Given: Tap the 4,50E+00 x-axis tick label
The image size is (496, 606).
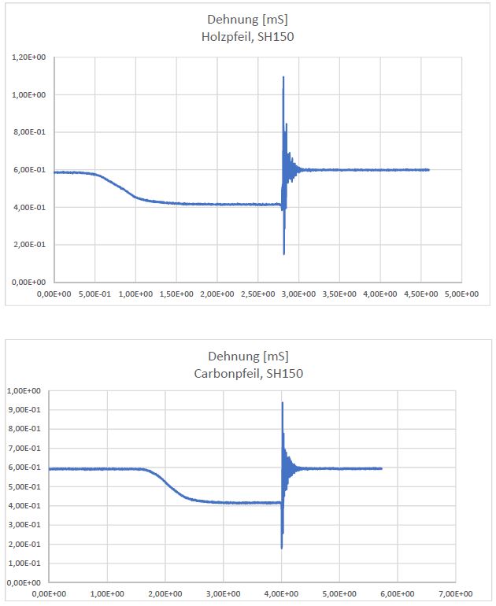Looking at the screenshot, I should click(420, 294).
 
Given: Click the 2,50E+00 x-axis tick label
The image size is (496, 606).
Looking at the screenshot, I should click(257, 294).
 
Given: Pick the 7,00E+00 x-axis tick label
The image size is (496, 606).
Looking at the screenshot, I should click(455, 593).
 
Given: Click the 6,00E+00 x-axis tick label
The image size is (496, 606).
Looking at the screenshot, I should click(397, 593).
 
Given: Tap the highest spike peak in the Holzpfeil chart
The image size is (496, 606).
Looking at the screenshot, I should click(283, 76).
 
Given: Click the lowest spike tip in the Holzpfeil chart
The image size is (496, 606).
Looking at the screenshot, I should click(283, 254).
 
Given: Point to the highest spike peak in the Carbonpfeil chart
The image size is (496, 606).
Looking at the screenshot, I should click(282, 402).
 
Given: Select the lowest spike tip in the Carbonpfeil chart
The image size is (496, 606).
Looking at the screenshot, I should click(281, 548).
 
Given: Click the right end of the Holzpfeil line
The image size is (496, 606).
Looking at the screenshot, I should click(429, 169).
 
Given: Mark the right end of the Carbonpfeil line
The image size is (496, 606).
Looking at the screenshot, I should click(382, 468).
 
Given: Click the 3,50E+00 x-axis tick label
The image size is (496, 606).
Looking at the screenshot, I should click(339, 294).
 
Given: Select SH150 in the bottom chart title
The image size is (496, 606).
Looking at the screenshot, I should click(284, 373).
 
